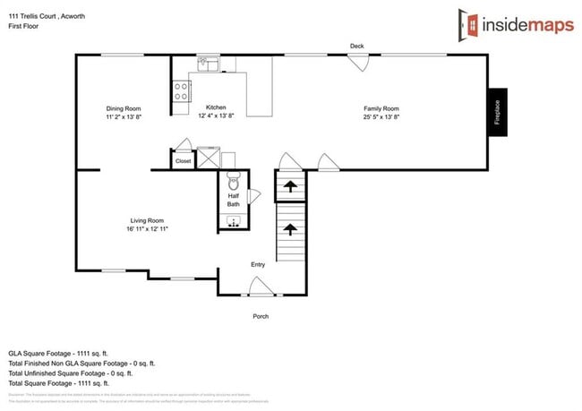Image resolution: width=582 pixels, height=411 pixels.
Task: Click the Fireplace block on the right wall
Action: tap(498, 112)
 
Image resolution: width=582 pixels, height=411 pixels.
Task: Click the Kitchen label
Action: tap(217, 107)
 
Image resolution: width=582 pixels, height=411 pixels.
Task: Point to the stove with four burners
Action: tap(182, 90)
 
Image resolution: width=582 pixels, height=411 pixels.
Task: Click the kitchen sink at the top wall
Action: tap(208, 63)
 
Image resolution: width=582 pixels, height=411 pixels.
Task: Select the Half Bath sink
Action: tap(233, 221)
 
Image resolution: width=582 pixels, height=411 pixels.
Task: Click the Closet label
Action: tap(183, 161)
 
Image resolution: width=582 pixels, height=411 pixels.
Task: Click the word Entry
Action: tap(258, 264)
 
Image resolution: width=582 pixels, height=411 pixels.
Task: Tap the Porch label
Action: tap(260, 316)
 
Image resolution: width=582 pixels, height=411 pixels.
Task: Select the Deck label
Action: tap(357, 45)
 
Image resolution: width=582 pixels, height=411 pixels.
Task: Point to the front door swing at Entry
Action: tap(261, 287)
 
